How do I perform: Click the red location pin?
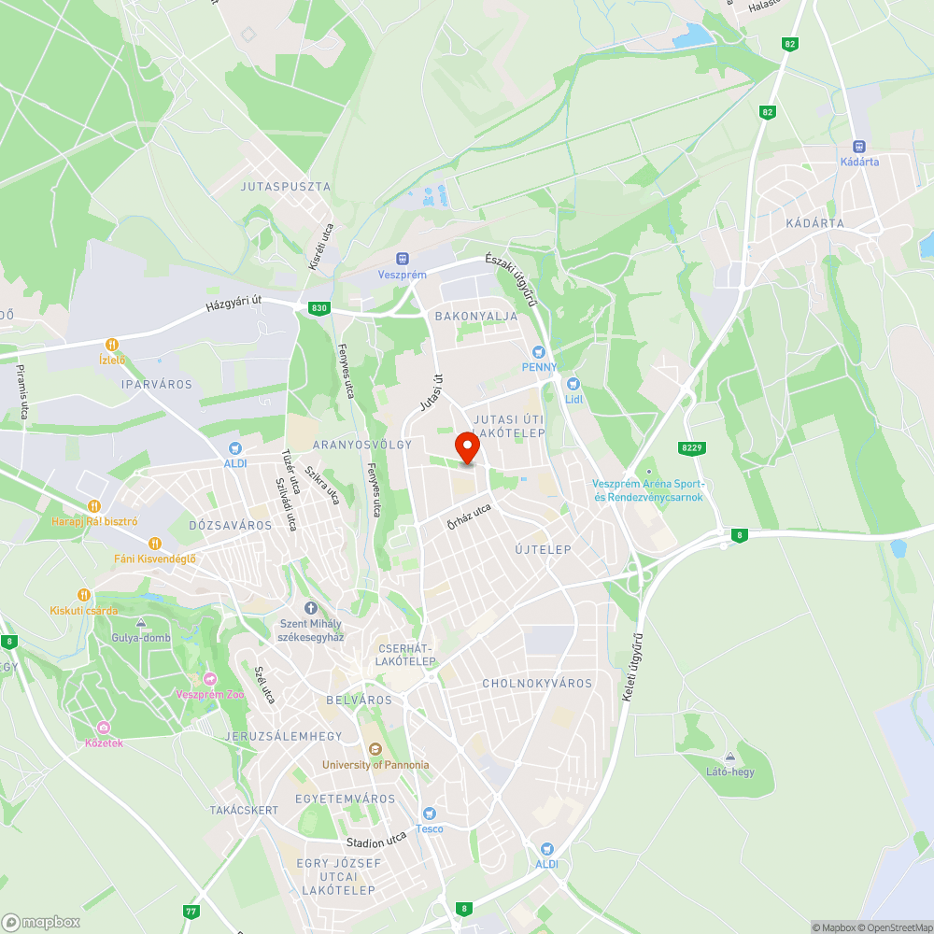click(x=466, y=447)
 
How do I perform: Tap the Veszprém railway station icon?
click(x=403, y=258)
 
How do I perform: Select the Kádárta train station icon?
click(x=859, y=147)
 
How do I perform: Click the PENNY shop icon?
click(x=538, y=351)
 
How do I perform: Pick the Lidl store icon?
click(x=573, y=383)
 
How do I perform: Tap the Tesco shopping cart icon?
click(x=430, y=813)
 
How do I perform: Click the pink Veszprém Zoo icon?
click(x=209, y=679)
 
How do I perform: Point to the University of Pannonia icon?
click(x=375, y=748)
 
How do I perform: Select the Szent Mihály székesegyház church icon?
click(x=311, y=607)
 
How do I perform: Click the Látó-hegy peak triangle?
click(x=730, y=757)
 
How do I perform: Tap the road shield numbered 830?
click(x=319, y=307)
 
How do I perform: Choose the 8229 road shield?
click(x=691, y=448)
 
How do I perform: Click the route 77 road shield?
click(x=191, y=912)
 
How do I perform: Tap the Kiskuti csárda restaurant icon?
click(x=84, y=594)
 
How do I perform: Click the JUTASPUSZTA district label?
click(x=286, y=187)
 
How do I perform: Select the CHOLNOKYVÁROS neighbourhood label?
click(x=537, y=684)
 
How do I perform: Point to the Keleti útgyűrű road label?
click(x=634, y=668)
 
